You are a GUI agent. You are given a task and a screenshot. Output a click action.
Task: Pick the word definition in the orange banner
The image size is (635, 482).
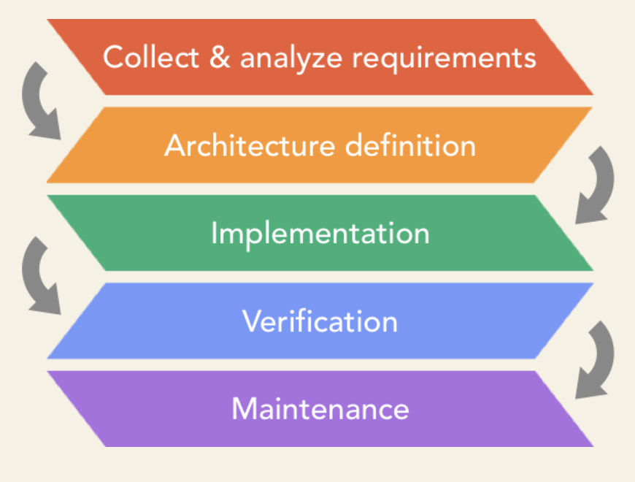pyautogui.click(x=410, y=145)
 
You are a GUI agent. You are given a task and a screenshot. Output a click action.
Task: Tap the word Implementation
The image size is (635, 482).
pyautogui.click(x=320, y=234)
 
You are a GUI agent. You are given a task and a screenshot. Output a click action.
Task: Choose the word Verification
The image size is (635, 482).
pyautogui.click(x=320, y=321)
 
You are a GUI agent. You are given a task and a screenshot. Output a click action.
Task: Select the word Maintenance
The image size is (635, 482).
pyautogui.click(x=320, y=409)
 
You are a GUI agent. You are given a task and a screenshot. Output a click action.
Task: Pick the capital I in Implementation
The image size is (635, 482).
pyautogui.click(x=214, y=234)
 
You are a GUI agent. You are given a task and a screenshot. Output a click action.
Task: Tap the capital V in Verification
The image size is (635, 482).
pyautogui.click(x=250, y=321)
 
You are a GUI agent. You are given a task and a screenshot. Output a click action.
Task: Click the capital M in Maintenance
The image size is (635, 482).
pyautogui.click(x=244, y=409)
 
